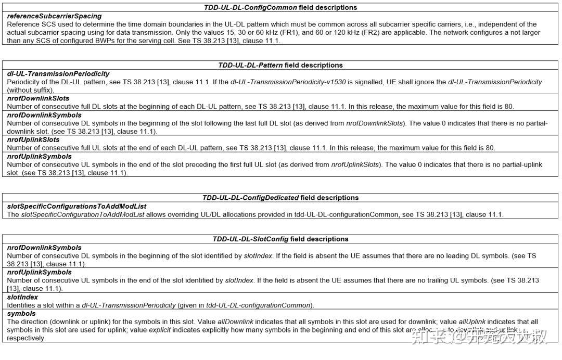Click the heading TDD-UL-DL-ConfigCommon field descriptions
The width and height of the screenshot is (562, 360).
click(x=280, y=7)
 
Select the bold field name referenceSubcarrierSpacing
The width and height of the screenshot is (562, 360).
click(x=54, y=16)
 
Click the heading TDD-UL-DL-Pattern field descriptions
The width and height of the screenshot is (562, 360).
click(x=280, y=65)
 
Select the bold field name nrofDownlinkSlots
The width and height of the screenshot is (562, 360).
click(x=38, y=98)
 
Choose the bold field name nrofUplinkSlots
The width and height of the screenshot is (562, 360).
click(x=33, y=139)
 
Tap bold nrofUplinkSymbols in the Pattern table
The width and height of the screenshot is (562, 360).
click(x=39, y=156)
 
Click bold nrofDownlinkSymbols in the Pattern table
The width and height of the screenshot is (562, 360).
click(x=44, y=115)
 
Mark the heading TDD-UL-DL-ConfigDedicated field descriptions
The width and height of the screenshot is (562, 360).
click(x=280, y=198)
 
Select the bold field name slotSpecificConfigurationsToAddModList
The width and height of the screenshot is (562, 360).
click(x=76, y=206)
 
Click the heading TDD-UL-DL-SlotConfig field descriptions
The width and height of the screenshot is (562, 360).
click(x=280, y=239)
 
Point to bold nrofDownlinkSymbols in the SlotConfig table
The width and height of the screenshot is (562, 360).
click(x=44, y=248)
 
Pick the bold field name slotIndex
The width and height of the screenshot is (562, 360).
click(x=22, y=297)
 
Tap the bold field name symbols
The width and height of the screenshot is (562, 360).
click(x=21, y=314)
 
